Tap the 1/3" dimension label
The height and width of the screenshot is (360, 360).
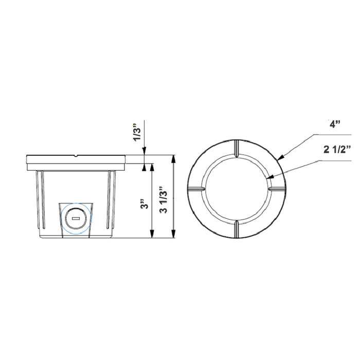(136, 132)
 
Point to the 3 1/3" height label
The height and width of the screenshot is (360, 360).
(164, 197)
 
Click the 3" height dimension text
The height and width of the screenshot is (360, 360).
(146, 205)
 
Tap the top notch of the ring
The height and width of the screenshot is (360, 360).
(235, 148)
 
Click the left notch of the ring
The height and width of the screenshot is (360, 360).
(195, 189)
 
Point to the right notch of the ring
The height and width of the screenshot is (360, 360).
(275, 189)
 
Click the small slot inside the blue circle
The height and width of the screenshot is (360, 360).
(76, 218)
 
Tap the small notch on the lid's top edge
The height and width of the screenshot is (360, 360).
(76, 154)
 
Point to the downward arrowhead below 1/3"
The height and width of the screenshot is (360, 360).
(145, 152)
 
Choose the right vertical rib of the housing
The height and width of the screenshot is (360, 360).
(110, 201)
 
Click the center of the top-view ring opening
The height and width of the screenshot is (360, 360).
(235, 189)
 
